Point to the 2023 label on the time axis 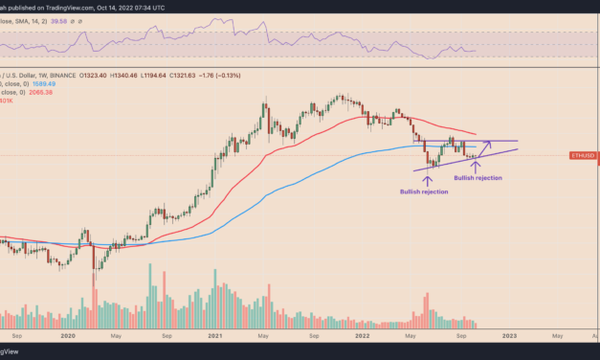pos(507,336)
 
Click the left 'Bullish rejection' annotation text pos(424,192)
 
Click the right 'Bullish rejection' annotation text pos(477,177)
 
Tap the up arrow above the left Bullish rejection pos(426,180)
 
